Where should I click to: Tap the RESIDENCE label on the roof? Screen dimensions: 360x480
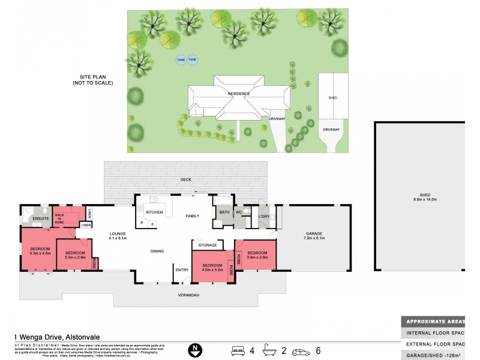point(238,94)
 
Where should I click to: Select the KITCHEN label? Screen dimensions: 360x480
point(154,212)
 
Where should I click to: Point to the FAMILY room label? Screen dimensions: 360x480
point(192,215)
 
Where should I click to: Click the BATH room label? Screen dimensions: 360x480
point(224,212)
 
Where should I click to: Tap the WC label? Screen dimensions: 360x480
point(239,212)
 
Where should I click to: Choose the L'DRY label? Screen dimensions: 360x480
point(263,215)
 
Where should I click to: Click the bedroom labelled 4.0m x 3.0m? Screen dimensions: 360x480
point(212,268)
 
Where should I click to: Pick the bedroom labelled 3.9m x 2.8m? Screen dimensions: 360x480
point(256,255)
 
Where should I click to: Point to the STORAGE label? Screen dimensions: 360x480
point(207,245)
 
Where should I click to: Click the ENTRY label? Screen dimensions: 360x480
point(181,270)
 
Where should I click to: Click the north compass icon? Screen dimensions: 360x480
point(194,349)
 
